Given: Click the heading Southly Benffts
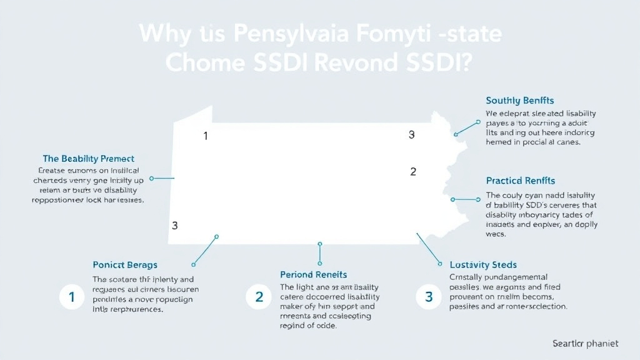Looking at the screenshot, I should pos(519,101).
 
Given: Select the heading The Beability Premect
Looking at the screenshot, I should pos(88,159).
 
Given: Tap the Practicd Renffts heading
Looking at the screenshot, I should pos(520,181).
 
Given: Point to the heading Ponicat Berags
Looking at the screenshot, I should pos(125,265).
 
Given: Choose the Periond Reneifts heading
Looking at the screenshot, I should pos(313,274).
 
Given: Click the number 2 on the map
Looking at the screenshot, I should pos(412,171).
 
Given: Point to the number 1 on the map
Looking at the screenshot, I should pos(206,136).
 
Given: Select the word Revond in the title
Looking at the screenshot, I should pos(362,64).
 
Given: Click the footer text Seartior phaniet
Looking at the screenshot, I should pos(585,343).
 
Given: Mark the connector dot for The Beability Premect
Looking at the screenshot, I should pos(151,178).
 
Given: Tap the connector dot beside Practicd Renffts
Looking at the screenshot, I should pos(452,200).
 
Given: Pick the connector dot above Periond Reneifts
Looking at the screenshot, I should pos(319,244).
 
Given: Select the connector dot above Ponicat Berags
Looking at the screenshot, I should pos(216,237).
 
